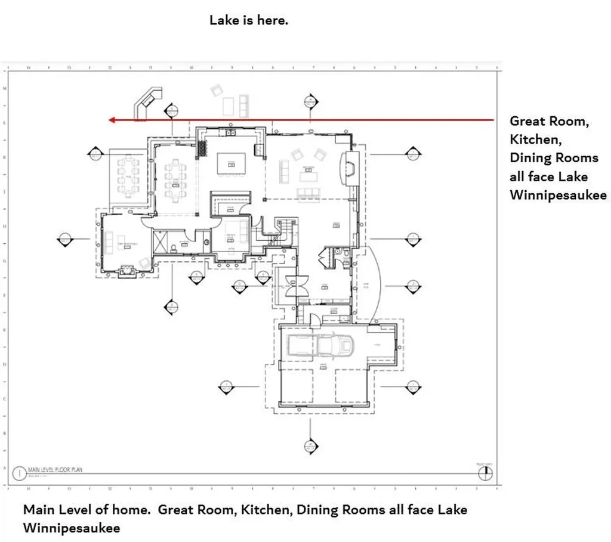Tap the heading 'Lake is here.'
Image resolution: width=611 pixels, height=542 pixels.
coord(249,20)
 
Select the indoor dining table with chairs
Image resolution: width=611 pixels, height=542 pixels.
coord(174,181)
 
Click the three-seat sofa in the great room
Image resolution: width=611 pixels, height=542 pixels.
coord(308,192)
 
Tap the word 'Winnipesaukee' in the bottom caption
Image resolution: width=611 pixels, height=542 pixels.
coord(71,528)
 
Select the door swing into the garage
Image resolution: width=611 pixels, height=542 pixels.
coord(314,320)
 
